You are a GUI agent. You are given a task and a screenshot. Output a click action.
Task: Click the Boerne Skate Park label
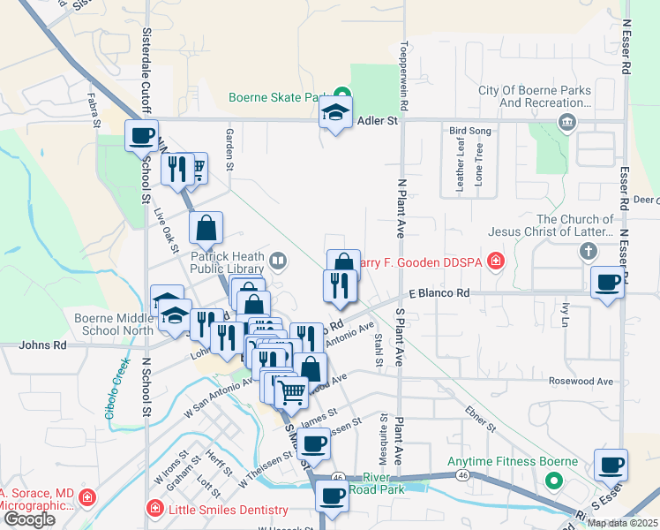pyautogui.click(x=279, y=97)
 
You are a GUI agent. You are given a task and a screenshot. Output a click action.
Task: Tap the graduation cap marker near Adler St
pyautogui.click(x=335, y=112)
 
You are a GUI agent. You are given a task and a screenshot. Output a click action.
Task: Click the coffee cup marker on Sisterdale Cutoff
pyautogui.click(x=141, y=136)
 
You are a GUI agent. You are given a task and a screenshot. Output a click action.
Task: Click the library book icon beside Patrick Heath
pyautogui.click(x=278, y=260)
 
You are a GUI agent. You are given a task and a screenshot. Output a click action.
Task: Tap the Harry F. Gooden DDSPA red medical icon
pyautogui.click(x=496, y=260)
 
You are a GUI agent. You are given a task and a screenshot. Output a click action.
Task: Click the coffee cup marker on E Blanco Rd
pyautogui.click(x=607, y=283)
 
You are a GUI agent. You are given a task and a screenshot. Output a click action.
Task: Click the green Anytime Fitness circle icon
pyautogui.click(x=553, y=481)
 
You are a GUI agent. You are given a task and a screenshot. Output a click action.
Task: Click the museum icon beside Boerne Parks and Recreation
pyautogui.click(x=565, y=120)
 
